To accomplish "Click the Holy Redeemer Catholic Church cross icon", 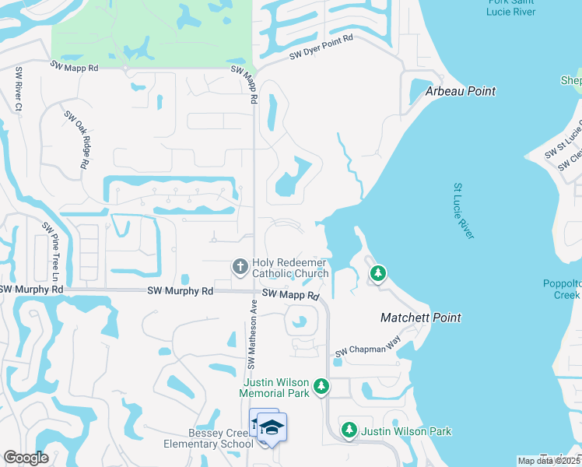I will click(240, 267).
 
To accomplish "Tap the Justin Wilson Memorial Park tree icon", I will click(321, 387).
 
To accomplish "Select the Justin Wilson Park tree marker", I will click(349, 430).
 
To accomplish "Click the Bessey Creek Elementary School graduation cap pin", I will click(272, 427).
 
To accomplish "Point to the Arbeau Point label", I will click(460, 91).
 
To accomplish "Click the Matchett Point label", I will click(420, 318).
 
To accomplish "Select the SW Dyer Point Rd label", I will click(321, 47).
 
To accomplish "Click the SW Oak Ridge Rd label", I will click(75, 139).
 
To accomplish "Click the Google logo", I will click(26, 458).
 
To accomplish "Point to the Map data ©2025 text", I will click(548, 461).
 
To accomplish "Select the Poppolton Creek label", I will click(562, 290).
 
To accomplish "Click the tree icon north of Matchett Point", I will click(377, 273).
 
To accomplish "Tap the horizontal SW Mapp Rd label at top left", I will click(75, 68).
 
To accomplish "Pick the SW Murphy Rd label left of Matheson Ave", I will click(180, 290).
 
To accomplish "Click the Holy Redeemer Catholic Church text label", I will click(290, 268).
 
